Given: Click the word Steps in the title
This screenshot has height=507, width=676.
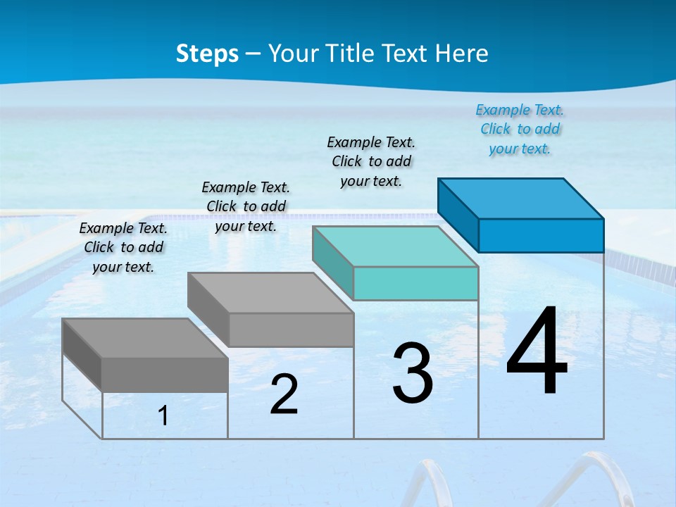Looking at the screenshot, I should [x=207, y=54].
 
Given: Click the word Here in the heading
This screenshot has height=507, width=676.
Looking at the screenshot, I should [x=462, y=54].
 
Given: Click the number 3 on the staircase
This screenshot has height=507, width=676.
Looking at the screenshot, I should [x=413, y=374].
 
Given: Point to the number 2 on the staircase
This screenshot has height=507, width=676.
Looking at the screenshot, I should [x=284, y=394].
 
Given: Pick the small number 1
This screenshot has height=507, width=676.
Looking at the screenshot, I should [x=163, y=416].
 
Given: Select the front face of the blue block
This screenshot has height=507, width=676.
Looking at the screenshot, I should [x=541, y=235].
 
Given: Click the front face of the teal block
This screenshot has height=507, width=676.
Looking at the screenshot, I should [x=415, y=284].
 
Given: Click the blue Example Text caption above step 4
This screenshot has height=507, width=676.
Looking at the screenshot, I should [x=520, y=130].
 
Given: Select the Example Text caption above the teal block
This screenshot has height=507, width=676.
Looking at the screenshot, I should [x=371, y=162].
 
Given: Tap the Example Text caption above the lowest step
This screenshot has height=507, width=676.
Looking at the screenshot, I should [x=123, y=248].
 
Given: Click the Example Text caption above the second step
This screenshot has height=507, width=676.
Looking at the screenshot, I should [x=246, y=207].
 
